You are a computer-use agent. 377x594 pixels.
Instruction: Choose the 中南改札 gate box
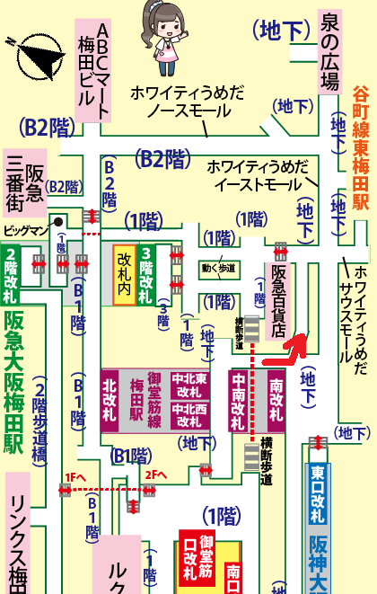pos(240,400)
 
